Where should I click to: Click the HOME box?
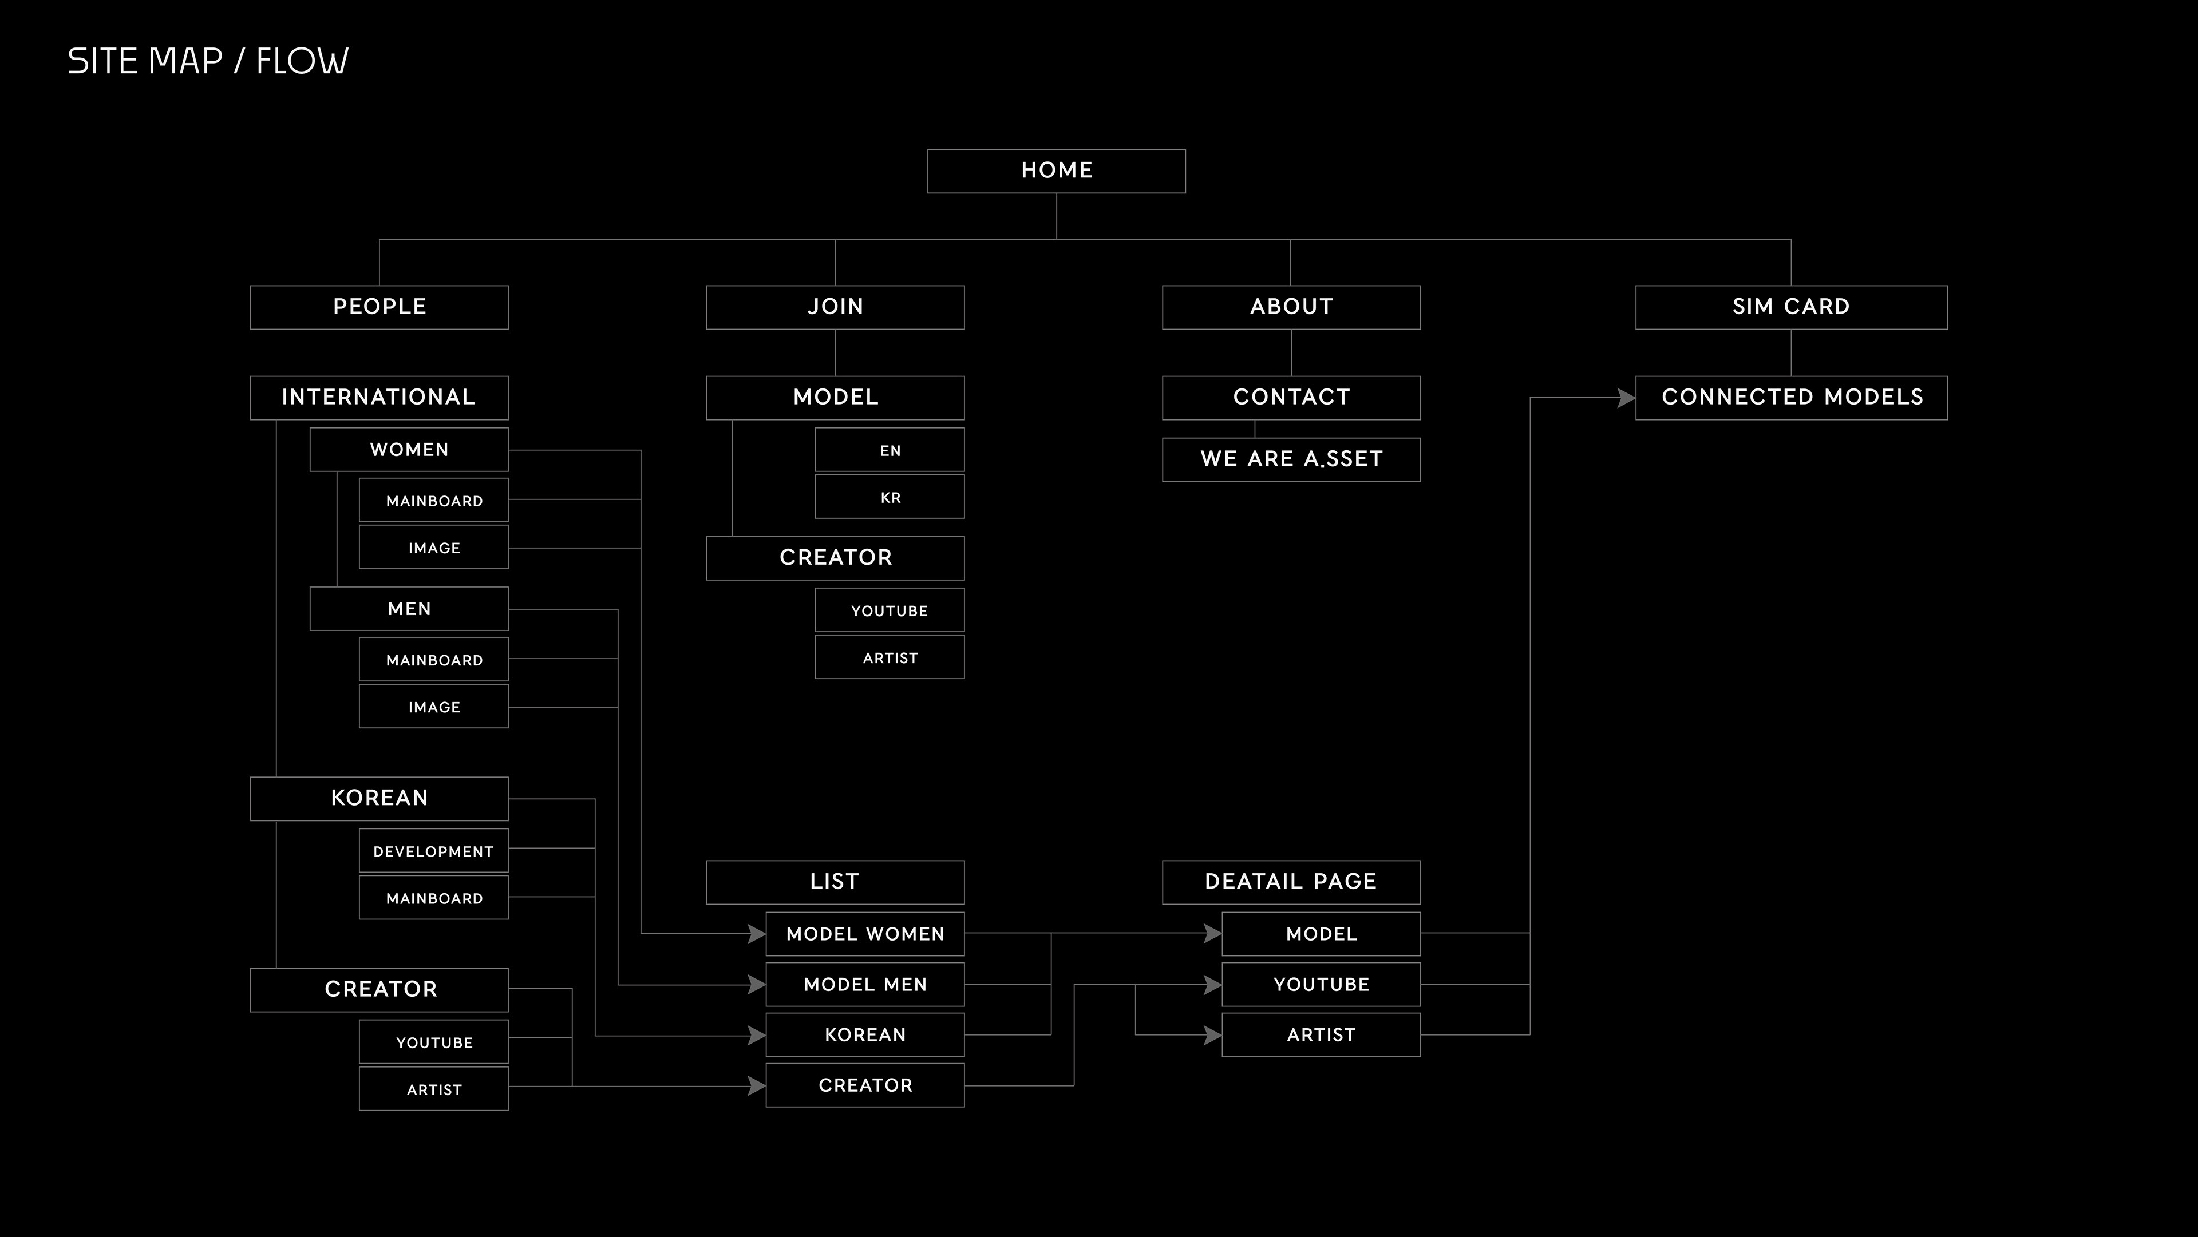tap(1056, 171)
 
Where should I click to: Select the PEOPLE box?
tap(379, 307)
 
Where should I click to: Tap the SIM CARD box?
tap(1791, 307)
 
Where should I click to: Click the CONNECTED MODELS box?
tap(1791, 398)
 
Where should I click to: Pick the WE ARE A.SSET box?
tap(1291, 460)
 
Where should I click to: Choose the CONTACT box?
tap(1291, 398)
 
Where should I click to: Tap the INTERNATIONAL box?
tap(379, 398)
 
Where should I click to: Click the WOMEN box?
tap(409, 450)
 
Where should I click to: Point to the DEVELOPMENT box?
tap(433, 851)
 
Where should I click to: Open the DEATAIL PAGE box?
tap(1291, 882)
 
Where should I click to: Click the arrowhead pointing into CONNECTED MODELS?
tap(1626, 398)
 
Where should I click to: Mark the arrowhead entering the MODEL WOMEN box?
tap(756, 934)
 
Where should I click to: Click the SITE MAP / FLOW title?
tap(208, 61)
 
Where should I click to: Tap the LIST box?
tap(835, 882)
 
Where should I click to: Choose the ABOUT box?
tap(1291, 307)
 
